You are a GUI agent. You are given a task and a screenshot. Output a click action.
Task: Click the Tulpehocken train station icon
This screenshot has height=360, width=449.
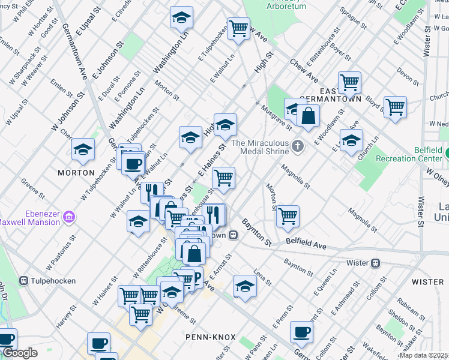click(24, 280)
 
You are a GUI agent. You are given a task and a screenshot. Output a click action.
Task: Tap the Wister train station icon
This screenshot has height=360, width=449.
click(376, 262)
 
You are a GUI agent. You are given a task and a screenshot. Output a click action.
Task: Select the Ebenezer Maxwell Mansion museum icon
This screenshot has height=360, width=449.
click(69, 215)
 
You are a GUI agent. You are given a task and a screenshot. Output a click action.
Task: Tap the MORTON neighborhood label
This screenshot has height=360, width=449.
click(76, 172)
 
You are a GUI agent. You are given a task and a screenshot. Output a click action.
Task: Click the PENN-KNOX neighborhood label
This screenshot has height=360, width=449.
click(210, 337)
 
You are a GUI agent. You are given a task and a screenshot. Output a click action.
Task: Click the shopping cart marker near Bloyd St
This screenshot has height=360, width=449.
click(395, 108)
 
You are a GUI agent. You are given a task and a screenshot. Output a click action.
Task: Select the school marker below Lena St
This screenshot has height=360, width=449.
click(245, 287)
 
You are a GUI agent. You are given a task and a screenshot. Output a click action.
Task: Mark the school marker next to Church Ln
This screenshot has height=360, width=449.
click(351, 142)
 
